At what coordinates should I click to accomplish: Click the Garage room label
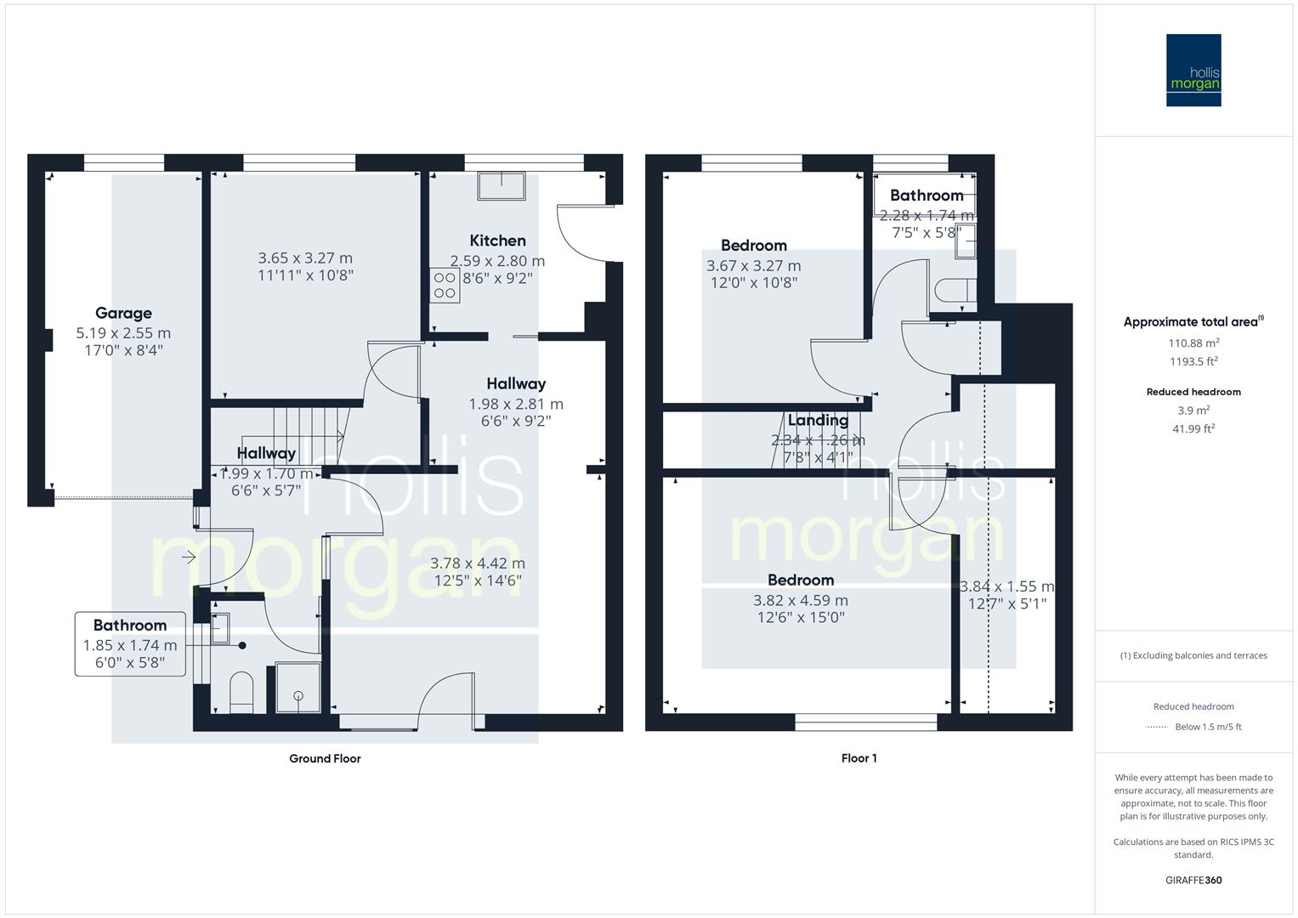pos(123,313)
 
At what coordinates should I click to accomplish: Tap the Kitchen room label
pos(498,241)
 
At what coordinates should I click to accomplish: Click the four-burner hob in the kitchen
pos(445,285)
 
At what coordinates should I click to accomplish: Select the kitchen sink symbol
pos(502,185)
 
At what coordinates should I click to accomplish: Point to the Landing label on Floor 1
pos(818,420)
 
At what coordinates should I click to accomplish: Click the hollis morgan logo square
pos(1193,70)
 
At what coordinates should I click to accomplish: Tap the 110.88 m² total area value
pos(1193,343)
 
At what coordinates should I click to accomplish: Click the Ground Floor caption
pos(325,758)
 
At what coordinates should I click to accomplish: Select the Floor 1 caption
pos(859,758)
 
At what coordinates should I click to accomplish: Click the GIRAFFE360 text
pos(1193,881)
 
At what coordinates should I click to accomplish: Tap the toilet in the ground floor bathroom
pos(241,692)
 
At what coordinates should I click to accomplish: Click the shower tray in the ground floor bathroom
pos(298,688)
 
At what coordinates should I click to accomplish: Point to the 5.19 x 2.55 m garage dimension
pos(123,333)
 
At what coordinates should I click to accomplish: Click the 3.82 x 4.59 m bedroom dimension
pos(801,600)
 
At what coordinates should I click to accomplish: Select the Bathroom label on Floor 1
pos(927,195)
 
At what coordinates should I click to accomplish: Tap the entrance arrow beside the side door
pos(189,558)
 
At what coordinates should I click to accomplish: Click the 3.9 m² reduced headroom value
pos(1193,411)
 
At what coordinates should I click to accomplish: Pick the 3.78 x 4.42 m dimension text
pos(478,564)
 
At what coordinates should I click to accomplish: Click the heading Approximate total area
pos(1190,322)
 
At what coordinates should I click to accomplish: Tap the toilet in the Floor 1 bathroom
pos(955,291)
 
